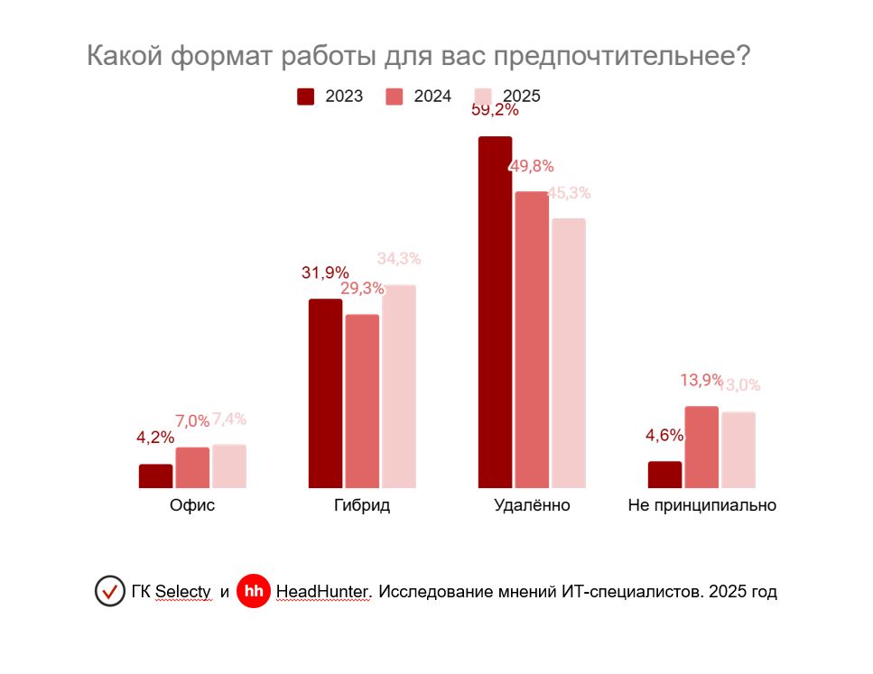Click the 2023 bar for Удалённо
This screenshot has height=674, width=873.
coord(495,312)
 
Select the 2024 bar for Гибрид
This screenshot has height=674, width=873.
coord(362,402)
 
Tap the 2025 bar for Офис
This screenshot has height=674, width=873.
coord(229,466)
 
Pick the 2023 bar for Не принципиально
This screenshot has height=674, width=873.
coord(665,475)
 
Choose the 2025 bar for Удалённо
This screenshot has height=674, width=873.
coord(569,353)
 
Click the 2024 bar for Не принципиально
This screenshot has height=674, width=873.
coord(701,448)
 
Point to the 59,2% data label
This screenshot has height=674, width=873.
coord(495,111)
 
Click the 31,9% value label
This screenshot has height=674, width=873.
coord(325,272)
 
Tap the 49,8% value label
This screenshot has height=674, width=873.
coord(532,166)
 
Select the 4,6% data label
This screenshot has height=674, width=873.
coord(664,436)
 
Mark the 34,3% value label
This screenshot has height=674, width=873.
coord(399,259)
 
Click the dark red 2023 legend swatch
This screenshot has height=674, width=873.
coord(306,97)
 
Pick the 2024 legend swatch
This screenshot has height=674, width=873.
coord(395,97)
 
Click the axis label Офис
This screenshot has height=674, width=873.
coord(192,505)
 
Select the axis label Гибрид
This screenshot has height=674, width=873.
coord(362,505)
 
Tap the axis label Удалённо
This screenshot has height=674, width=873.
coord(533,505)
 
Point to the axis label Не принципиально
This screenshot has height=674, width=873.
coord(702,505)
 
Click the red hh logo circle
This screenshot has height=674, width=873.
coord(253,592)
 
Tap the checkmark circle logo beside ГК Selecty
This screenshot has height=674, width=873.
coord(110,592)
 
